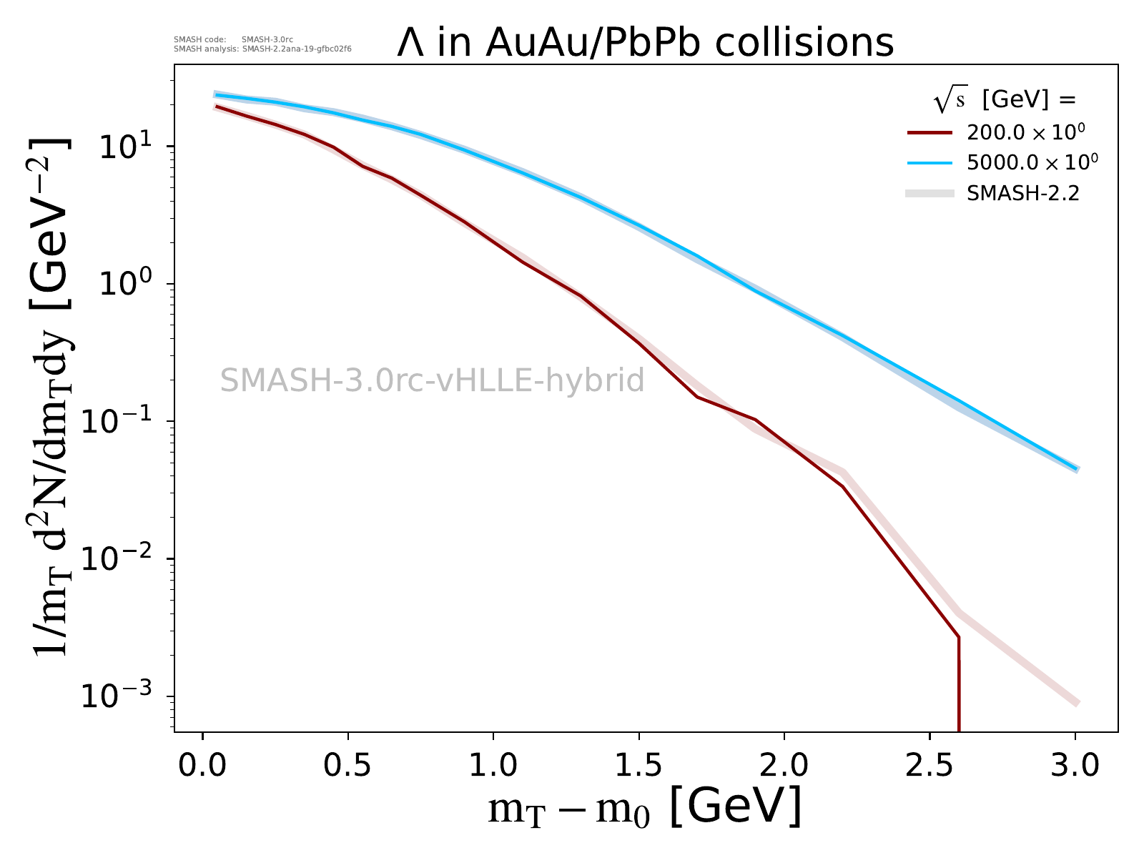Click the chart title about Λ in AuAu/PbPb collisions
(645, 43)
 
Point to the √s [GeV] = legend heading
(1004, 101)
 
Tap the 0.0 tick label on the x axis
(203, 765)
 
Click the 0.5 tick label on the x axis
(348, 765)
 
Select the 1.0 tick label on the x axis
(493, 765)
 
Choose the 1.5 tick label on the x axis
(638, 765)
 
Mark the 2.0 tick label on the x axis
(784, 765)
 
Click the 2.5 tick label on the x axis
(929, 765)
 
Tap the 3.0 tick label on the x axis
(1075, 765)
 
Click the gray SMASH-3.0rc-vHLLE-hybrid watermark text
(432, 380)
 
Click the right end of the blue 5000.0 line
(1076, 469)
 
